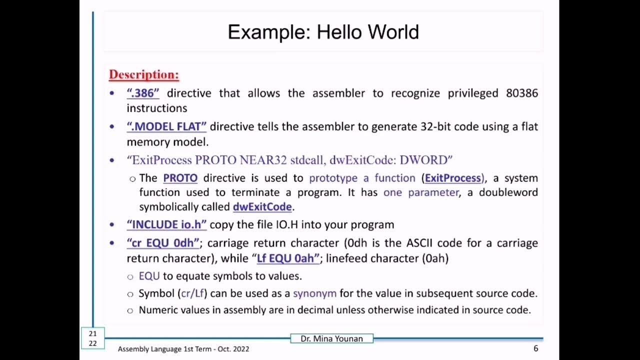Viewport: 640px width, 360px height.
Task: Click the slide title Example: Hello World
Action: pos(323,32)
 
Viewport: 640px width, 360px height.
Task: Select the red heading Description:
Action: pos(144,74)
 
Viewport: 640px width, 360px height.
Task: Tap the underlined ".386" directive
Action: pos(143,93)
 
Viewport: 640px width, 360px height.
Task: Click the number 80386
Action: pos(522,93)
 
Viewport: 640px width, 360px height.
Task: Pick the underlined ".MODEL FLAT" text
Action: pos(166,126)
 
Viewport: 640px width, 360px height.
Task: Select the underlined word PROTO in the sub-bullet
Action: pos(180,178)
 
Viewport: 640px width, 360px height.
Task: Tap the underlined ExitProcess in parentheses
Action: pos(453,178)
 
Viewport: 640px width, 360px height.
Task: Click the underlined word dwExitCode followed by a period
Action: pos(262,206)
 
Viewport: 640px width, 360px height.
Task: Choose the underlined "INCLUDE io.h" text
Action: pos(166,224)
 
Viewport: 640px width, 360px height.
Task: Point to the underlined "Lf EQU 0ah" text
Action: pos(287,258)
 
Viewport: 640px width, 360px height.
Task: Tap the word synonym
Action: pos(314,293)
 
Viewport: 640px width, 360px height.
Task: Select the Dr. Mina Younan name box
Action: pos(331,338)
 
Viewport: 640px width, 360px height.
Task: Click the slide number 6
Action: pos(535,348)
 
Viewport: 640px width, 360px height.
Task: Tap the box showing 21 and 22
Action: pos(92,338)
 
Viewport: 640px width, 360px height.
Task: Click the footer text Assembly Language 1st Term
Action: pos(165,349)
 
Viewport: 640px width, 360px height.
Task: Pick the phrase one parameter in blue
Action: pos(421,192)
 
